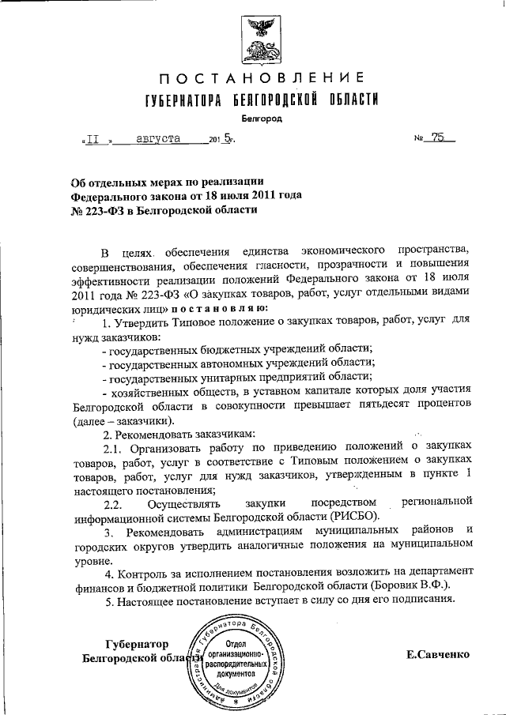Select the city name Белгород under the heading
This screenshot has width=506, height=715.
[261, 119]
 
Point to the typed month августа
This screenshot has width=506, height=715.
[157, 138]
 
